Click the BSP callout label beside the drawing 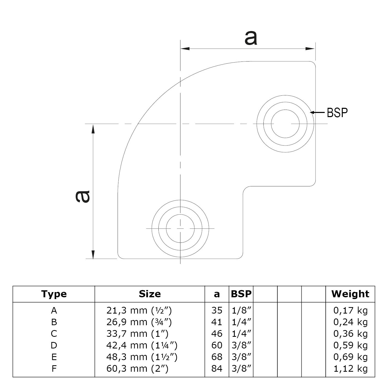[x=337, y=112]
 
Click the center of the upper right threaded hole [x=285, y=124]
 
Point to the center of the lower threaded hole [x=180, y=229]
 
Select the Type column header [x=54, y=294]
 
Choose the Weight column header [x=350, y=294]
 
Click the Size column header [x=150, y=294]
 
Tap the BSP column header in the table [x=241, y=294]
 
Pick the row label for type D [x=54, y=345]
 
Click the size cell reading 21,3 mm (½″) [x=139, y=310]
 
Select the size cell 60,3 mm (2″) [x=137, y=369]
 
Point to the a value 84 [x=217, y=369]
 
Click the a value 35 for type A [x=217, y=310]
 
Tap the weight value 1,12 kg [x=350, y=369]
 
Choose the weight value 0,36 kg [x=350, y=334]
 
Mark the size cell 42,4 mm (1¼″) [x=142, y=345]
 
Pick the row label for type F [x=54, y=369]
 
